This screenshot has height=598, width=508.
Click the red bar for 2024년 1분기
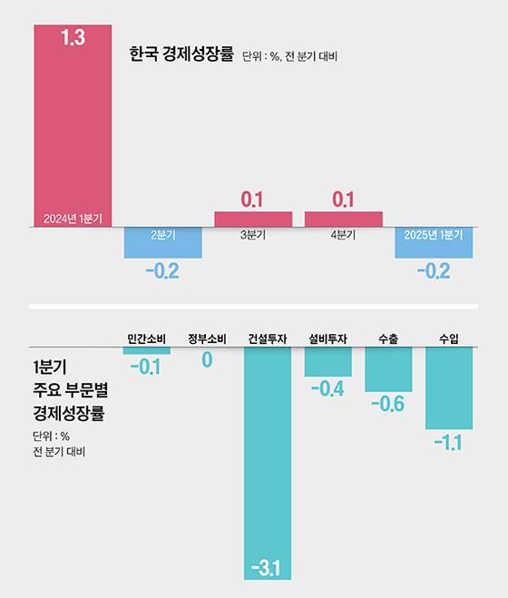point(73,127)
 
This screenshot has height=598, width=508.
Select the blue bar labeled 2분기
point(163,243)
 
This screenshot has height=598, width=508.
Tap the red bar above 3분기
point(253,219)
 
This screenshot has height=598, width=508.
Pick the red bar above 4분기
point(343,219)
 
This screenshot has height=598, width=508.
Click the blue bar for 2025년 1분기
point(434,243)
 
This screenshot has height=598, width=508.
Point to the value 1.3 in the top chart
point(73,39)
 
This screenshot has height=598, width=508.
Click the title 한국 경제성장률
point(181,55)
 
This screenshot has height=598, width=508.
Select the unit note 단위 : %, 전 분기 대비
point(289,57)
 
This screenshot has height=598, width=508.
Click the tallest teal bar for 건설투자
point(268,454)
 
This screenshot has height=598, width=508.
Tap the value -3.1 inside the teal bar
point(268,569)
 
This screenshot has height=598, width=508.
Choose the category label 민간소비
point(146,338)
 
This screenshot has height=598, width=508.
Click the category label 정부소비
point(207,338)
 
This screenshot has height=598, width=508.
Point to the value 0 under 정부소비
point(207,360)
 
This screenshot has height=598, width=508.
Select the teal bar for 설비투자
point(327,362)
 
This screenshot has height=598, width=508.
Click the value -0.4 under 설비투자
point(327,389)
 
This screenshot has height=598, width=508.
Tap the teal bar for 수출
point(388,369)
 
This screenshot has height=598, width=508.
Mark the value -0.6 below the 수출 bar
point(388,405)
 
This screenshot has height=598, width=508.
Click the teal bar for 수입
point(449,388)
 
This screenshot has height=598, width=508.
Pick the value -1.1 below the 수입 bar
point(449,442)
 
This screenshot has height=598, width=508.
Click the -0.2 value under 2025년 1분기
point(434,270)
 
